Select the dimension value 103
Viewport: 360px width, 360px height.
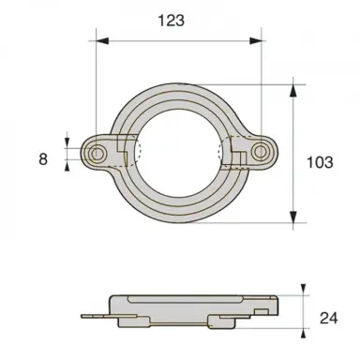click(x=320, y=162)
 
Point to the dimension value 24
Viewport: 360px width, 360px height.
click(x=328, y=318)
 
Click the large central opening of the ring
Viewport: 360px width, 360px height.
click(x=178, y=153)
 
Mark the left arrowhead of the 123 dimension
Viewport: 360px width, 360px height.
click(x=99, y=40)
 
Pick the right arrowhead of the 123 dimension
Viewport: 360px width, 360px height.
click(x=257, y=40)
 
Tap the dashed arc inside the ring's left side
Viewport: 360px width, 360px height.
click(x=138, y=153)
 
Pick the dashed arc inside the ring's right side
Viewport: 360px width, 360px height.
click(x=221, y=153)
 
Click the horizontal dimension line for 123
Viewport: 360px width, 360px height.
click(x=178, y=40)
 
